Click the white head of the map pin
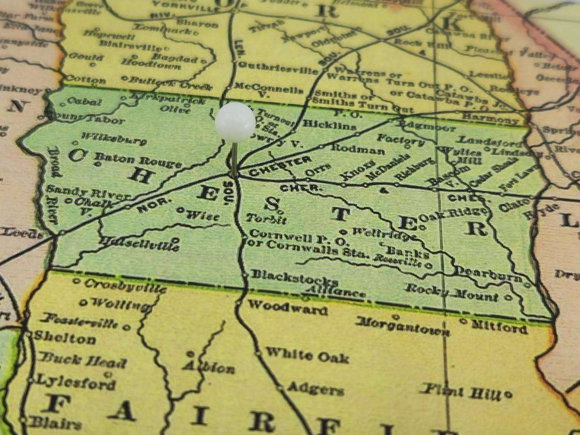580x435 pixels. point(235,122)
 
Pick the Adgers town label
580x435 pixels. point(315,388)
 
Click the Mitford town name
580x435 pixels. point(498,327)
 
